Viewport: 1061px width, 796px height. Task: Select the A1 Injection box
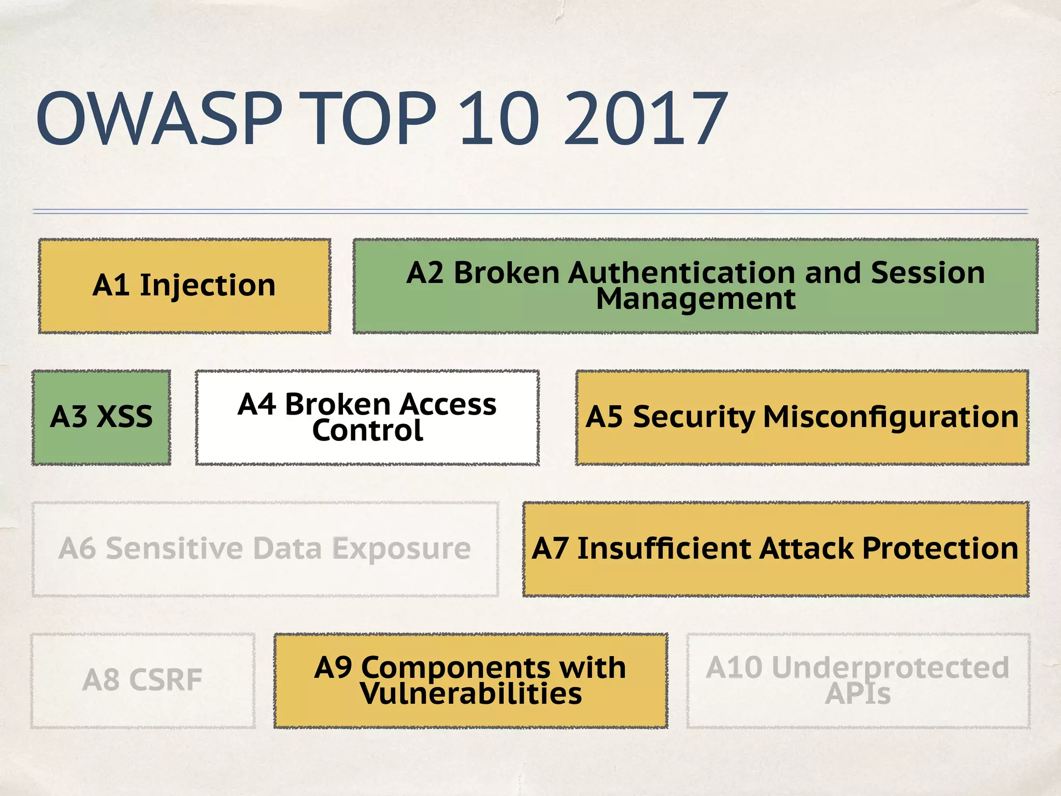tap(184, 286)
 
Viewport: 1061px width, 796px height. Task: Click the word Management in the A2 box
tap(695, 299)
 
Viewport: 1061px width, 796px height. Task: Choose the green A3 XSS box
tap(102, 417)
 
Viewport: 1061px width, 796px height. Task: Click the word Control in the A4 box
tap(367, 431)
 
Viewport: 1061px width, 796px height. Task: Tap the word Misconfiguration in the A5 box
tap(891, 417)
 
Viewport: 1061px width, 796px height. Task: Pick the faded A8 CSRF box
tap(142, 680)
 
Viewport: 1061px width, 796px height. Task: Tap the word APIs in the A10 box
tap(857, 694)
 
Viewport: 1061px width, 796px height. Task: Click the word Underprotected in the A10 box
tap(890, 667)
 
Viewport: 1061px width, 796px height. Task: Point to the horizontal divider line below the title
tap(530, 211)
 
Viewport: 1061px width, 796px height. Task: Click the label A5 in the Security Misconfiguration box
tap(604, 417)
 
